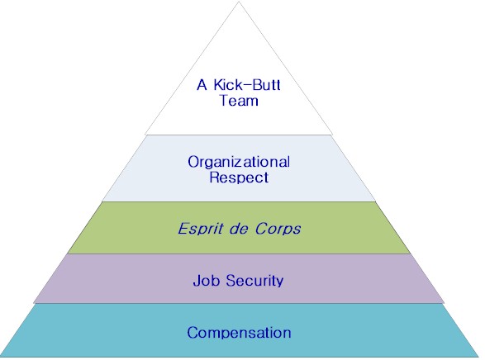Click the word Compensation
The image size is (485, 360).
239,333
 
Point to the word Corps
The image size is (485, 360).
278,229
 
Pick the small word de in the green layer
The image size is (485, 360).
239,229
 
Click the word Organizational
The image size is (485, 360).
239,162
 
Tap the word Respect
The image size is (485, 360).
239,178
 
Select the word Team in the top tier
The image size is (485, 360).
239,101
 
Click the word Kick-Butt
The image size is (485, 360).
247,85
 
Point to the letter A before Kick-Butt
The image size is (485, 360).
202,85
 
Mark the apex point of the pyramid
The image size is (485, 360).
239,2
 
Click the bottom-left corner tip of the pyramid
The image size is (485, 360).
1,357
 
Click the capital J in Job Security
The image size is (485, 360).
196,281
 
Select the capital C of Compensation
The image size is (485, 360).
192,333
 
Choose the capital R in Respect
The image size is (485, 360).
214,177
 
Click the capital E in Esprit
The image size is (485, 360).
183,229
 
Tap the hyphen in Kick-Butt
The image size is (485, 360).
246,86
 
